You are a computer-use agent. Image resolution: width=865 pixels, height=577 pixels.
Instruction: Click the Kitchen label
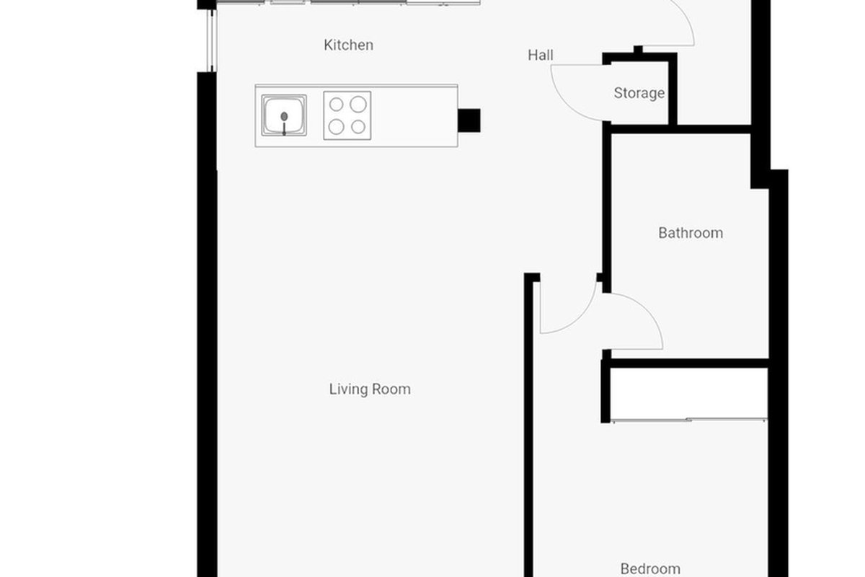coord(348,45)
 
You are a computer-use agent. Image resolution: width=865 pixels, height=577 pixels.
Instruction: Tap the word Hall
coord(540,56)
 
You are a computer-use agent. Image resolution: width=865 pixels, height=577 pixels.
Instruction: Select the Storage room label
coord(639,93)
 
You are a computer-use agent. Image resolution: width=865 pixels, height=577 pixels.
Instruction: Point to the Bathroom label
coord(691,233)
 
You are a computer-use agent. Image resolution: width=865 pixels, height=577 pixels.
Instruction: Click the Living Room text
coord(370,389)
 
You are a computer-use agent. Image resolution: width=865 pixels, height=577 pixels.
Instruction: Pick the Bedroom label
coord(650,569)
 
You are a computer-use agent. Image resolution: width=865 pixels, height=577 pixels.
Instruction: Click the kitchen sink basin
coord(284,115)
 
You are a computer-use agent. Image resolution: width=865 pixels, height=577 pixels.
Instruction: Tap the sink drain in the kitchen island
coord(284,116)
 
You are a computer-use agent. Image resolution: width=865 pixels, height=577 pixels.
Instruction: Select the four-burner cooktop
coord(347,115)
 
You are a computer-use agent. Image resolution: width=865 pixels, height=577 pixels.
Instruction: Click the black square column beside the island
coord(469,120)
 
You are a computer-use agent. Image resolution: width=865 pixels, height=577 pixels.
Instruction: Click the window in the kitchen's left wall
coord(211,40)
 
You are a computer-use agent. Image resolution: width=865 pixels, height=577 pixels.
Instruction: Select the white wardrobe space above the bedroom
coord(688,393)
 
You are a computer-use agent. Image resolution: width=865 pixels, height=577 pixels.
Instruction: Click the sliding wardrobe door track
coord(688,420)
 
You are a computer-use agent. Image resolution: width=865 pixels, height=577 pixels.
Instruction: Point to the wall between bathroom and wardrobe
coord(686,364)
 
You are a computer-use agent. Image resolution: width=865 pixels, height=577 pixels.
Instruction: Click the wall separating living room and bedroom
coord(528,425)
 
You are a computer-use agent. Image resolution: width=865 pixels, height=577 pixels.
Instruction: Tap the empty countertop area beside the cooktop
coord(414,116)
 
